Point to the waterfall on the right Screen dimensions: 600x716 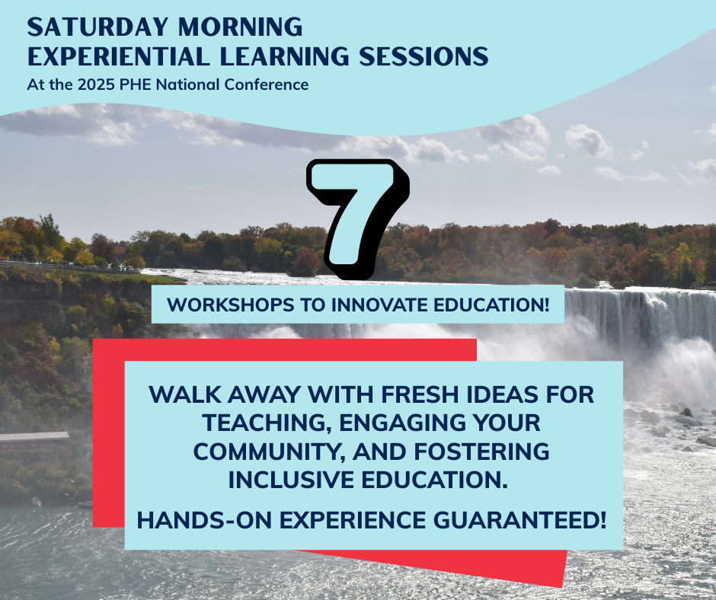pyautogui.click(x=647, y=312)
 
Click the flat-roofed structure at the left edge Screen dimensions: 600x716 pyautogui.click(x=34, y=438)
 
